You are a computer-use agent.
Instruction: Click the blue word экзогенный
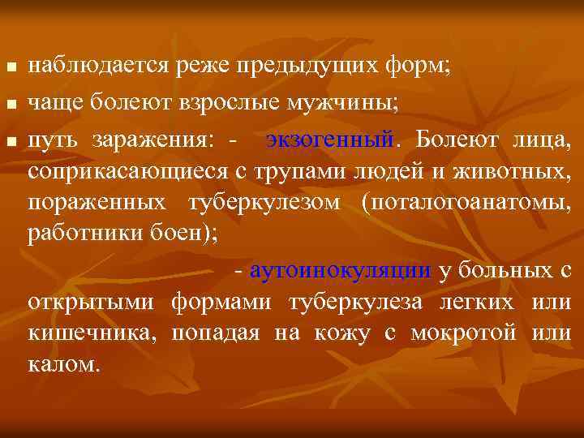pyautogui.click(x=329, y=140)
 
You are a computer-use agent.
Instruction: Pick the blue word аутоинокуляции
pyautogui.click(x=341, y=270)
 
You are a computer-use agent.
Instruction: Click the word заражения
pyautogui.click(x=153, y=140)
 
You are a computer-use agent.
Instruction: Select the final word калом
pyautogui.click(x=64, y=364)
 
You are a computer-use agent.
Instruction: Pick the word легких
pyautogui.click(x=483, y=302)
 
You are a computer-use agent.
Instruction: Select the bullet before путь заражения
pyautogui.click(x=9, y=141)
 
